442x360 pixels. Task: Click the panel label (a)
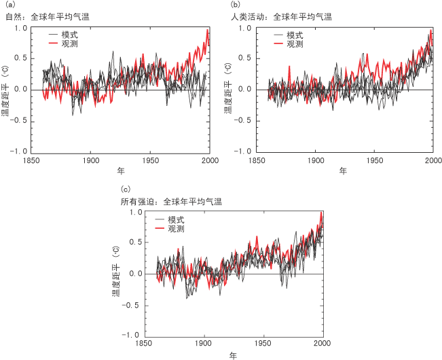(x=8, y=5)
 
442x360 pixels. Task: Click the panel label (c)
(x=124, y=189)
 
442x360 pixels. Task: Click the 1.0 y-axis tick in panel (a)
(x=21, y=29)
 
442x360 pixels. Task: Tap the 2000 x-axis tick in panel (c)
(x=323, y=344)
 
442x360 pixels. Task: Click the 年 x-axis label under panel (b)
(x=344, y=170)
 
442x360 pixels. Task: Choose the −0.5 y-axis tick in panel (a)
(x=19, y=120)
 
